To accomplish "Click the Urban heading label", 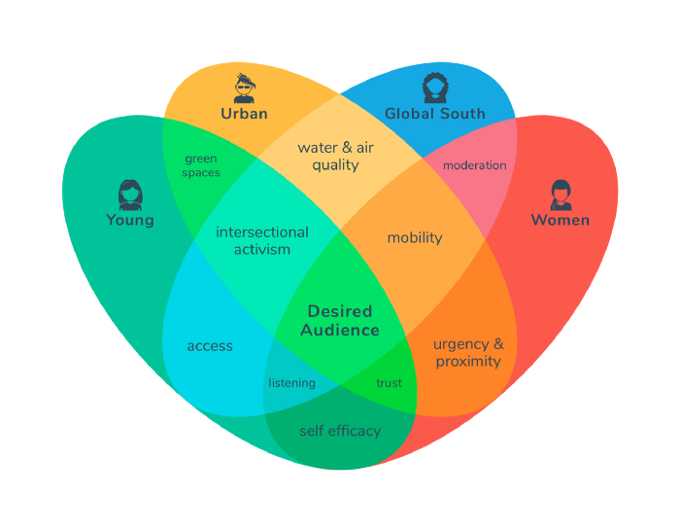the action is [x=244, y=114].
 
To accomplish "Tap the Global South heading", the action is [x=435, y=114].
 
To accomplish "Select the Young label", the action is [x=130, y=220].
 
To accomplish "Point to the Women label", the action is [x=561, y=220].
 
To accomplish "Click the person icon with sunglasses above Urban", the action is [x=245, y=89].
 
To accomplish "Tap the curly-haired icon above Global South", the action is [x=435, y=89].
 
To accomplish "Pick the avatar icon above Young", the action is [x=130, y=195].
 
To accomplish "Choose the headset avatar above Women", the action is [x=561, y=195].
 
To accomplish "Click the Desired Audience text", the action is [x=340, y=321].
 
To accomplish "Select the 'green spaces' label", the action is [x=201, y=165].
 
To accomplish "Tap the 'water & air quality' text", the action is [x=336, y=157].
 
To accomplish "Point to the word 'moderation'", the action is [x=474, y=165].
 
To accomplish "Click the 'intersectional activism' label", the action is [x=262, y=240].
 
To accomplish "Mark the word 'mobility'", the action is [x=415, y=238].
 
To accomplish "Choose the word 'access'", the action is [x=210, y=346].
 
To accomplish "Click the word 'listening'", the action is [x=291, y=383].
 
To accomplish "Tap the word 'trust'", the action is [x=389, y=383].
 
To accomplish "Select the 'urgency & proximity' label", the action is [x=468, y=353].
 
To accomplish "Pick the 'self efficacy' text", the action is [x=340, y=431].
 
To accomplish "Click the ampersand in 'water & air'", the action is [x=347, y=148].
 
